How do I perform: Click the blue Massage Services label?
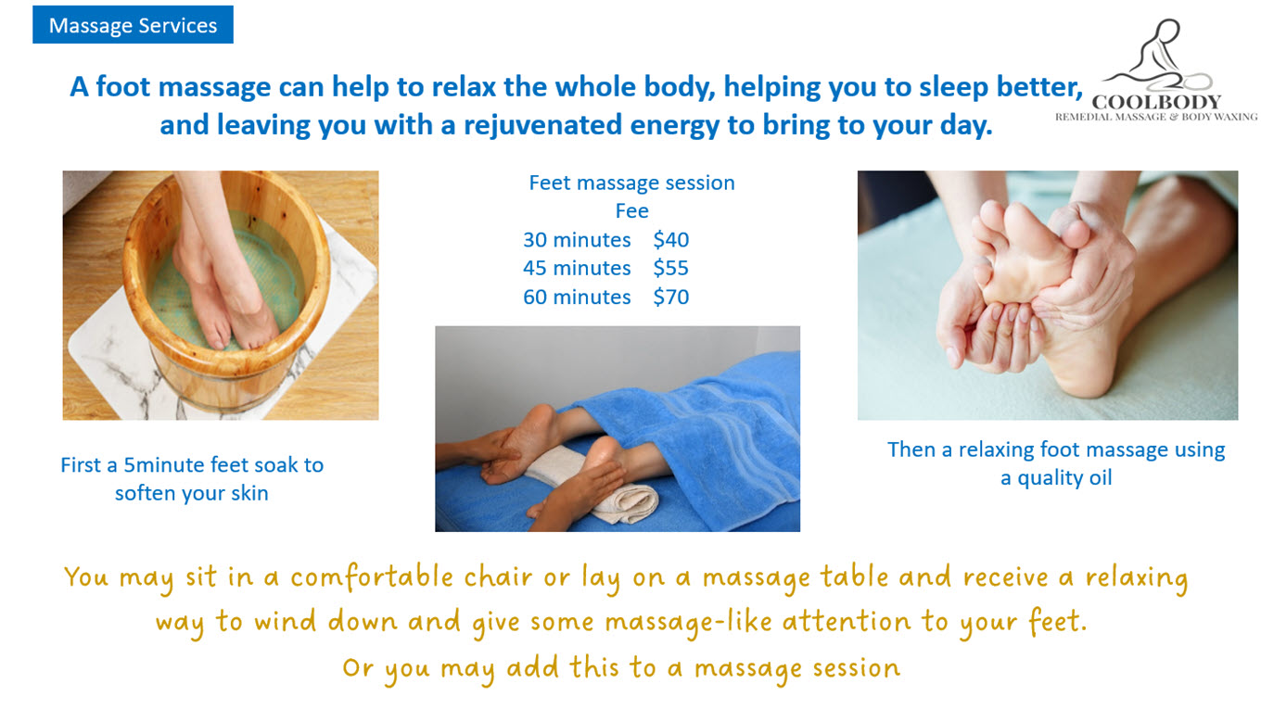click(x=133, y=25)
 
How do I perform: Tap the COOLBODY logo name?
click(x=1156, y=102)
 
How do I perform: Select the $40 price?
click(x=671, y=240)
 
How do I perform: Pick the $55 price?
click(x=671, y=268)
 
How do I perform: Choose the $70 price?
click(x=671, y=297)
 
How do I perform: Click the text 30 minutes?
click(x=577, y=240)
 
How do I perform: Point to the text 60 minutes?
click(x=577, y=297)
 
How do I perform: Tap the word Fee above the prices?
click(x=631, y=211)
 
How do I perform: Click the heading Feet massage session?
click(x=631, y=183)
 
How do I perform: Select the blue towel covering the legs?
click(x=693, y=434)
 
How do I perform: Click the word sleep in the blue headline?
click(x=953, y=87)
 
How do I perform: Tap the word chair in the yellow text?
click(x=498, y=576)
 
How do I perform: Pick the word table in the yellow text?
click(x=853, y=576)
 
